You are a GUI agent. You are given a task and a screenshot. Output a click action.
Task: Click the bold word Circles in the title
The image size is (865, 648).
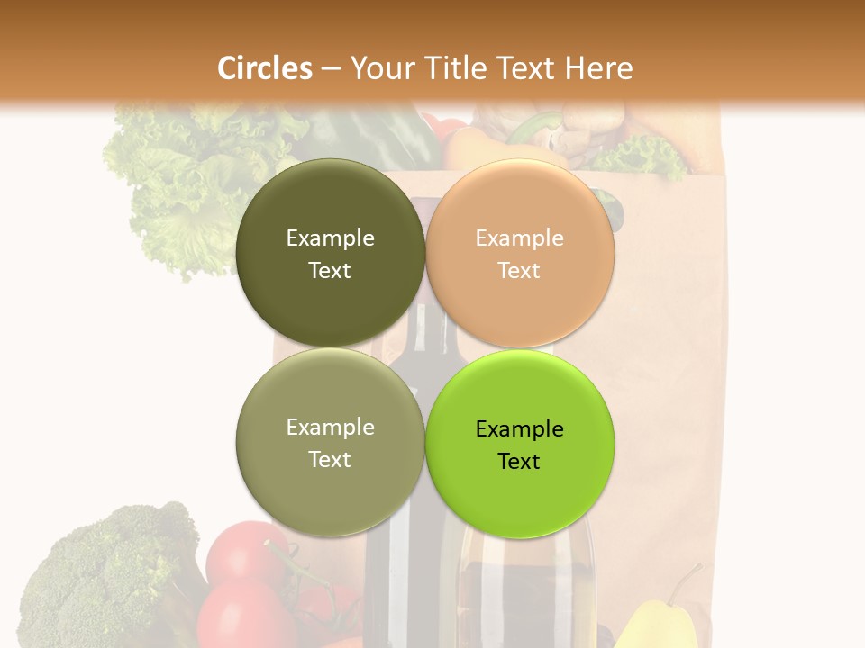point(264,67)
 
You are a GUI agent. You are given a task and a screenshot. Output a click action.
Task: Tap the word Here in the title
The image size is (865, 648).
point(598,67)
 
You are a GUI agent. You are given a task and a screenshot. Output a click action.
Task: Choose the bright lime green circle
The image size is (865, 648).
point(519,444)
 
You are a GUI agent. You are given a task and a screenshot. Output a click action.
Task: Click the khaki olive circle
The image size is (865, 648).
point(330,443)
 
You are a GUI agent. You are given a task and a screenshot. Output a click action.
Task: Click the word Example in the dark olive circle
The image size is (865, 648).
point(330,238)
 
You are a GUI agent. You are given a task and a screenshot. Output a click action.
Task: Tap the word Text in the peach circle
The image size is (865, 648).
point(519,270)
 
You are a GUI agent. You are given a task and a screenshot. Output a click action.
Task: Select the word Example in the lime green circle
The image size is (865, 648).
point(519,428)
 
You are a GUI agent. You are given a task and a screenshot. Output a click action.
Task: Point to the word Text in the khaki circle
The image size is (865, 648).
point(330,459)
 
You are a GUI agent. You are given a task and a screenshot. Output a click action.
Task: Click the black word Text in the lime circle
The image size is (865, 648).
point(519,461)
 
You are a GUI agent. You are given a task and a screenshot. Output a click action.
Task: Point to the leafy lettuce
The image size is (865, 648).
point(180,189)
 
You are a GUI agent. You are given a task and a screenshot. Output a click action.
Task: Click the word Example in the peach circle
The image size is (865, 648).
point(519,238)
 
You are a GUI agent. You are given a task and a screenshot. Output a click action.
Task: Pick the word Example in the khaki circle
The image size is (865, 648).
point(330,427)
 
